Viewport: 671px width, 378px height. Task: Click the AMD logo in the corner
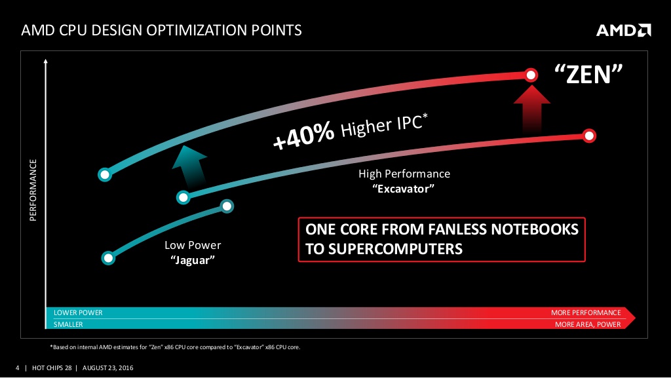click(624, 30)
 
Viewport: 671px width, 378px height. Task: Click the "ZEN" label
click(588, 74)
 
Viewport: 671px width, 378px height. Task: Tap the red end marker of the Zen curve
click(531, 75)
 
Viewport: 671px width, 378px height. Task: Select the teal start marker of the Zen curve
click(105, 174)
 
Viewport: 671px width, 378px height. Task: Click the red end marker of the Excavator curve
click(589, 136)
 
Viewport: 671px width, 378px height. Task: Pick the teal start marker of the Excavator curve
click(183, 197)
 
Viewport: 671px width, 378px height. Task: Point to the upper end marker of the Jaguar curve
click(227, 206)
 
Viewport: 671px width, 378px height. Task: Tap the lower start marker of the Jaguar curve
click(108, 258)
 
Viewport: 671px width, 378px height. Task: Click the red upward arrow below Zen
click(531, 108)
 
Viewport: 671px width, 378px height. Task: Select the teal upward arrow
click(189, 164)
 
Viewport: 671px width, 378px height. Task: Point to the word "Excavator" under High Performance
click(403, 189)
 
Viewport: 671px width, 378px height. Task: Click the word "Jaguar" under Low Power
click(193, 260)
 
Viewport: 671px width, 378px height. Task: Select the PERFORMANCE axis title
click(33, 190)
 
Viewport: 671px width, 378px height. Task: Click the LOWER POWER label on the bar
click(78, 312)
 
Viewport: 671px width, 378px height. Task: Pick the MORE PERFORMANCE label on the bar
click(586, 312)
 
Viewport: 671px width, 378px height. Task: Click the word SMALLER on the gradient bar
click(68, 324)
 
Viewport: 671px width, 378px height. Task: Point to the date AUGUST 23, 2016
click(108, 368)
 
